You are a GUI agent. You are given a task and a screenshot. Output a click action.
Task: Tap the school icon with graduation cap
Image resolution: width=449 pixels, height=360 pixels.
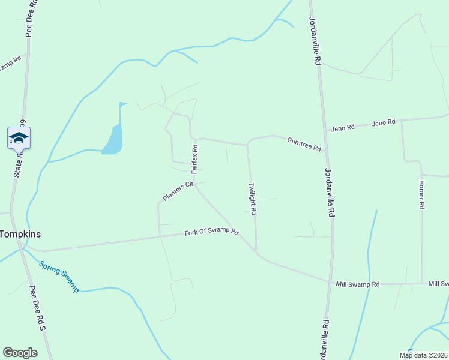coord(19,138)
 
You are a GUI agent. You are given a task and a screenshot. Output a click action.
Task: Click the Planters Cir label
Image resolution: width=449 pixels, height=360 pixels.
coord(177,191)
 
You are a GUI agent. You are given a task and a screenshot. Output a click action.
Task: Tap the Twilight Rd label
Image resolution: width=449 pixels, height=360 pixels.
coord(253,199)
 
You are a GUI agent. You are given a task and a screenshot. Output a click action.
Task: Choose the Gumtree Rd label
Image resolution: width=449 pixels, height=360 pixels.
coord(304,143)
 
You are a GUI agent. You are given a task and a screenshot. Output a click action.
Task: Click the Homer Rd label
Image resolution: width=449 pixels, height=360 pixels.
coord(421,194)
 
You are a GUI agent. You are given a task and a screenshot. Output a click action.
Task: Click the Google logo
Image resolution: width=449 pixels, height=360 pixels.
coord(20,353)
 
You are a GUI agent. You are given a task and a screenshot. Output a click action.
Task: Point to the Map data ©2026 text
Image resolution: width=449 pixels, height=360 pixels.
coord(424,355)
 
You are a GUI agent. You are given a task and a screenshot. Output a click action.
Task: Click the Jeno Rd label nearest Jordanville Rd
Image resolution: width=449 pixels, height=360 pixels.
coord(343,127)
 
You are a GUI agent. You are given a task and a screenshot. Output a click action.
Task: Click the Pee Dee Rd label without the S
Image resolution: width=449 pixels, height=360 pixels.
coord(30,19)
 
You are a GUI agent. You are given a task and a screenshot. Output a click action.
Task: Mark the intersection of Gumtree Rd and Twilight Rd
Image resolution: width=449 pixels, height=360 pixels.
coord(247,145)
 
